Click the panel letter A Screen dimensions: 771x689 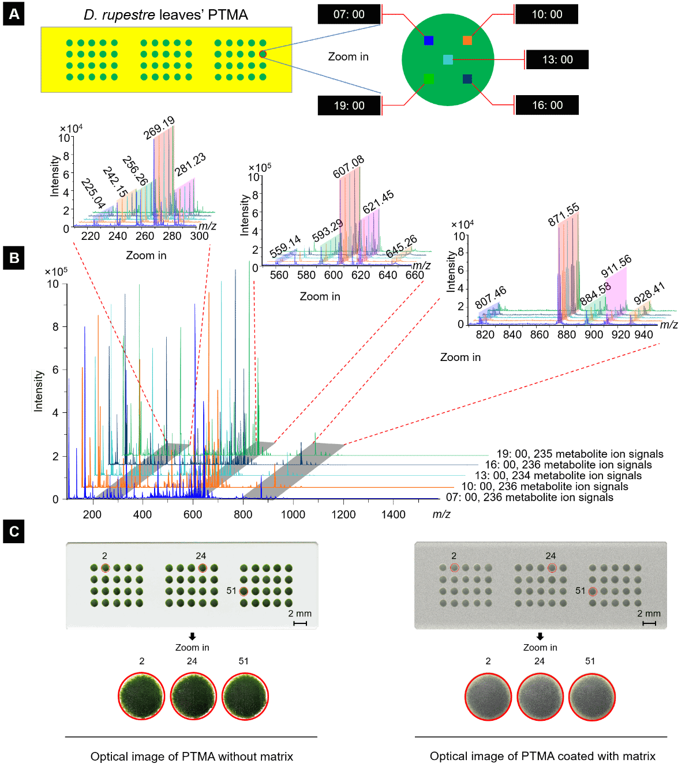14,14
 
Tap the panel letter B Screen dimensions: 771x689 14,258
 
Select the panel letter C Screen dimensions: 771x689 14,531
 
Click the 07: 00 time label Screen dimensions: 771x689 349,14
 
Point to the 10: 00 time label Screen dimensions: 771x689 546,14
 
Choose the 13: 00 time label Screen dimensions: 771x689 557,59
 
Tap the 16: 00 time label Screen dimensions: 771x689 547,105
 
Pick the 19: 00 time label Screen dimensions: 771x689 349,106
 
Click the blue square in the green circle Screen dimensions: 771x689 429,40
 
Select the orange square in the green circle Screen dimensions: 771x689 467,40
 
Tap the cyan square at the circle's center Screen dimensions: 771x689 448,59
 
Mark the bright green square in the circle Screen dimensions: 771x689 429,78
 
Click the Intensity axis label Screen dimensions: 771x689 38,390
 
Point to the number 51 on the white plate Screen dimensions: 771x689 231,591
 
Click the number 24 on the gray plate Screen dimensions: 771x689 551,556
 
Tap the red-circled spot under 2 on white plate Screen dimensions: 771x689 105,568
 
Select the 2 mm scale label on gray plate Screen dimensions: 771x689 649,614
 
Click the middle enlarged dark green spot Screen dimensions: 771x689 193,696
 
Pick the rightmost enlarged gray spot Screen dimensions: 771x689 592,696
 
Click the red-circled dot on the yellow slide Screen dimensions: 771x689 263,54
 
